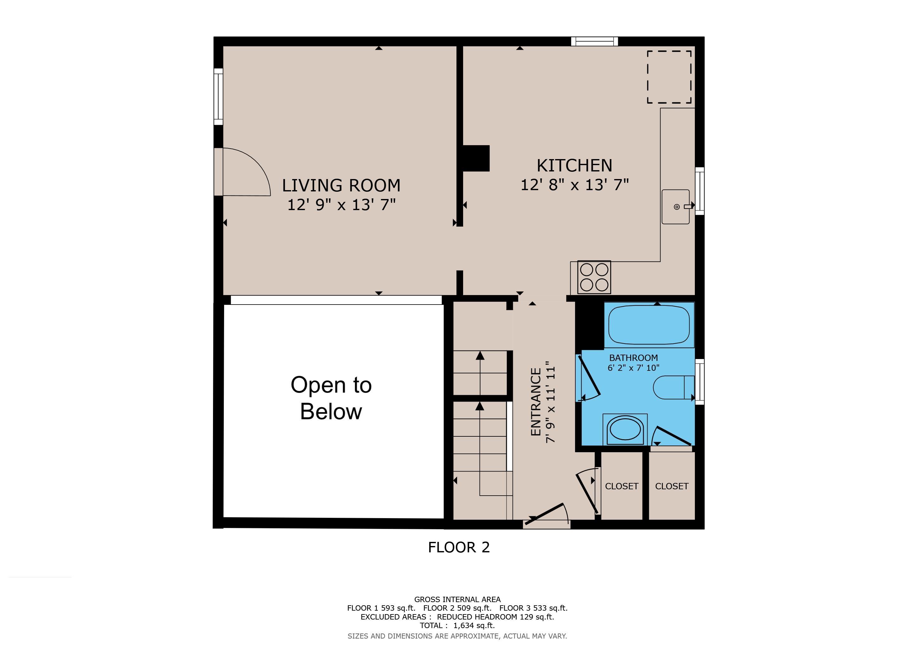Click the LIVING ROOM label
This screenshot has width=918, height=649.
pyautogui.click(x=341, y=185)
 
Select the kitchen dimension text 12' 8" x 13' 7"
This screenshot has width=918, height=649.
pyautogui.click(x=575, y=185)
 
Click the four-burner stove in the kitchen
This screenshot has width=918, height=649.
pyautogui.click(x=594, y=277)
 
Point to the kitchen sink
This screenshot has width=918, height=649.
pyautogui.click(x=676, y=207)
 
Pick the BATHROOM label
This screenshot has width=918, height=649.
pyautogui.click(x=633, y=358)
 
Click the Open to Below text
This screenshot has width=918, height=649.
pyautogui.click(x=331, y=398)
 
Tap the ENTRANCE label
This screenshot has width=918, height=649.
pyautogui.click(x=536, y=402)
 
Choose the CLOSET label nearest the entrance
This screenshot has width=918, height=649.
pyautogui.click(x=622, y=486)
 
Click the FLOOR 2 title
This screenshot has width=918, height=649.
pyautogui.click(x=459, y=547)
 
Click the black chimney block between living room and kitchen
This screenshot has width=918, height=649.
pyautogui.click(x=476, y=158)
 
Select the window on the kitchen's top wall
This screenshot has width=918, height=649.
pyautogui.click(x=595, y=41)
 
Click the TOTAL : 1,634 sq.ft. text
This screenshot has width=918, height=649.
pyautogui.click(x=457, y=626)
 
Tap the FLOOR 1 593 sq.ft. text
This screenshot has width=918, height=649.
pyautogui.click(x=381, y=608)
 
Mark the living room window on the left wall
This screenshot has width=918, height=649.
pyautogui.click(x=218, y=96)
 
